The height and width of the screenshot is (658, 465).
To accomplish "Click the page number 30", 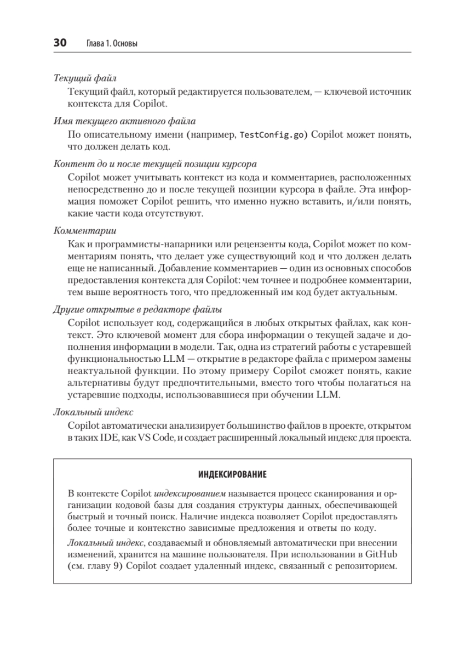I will [60, 43].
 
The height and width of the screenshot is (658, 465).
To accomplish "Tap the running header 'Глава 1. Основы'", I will [112, 44].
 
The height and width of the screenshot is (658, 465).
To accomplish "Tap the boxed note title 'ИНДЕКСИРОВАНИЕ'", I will [232, 473].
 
